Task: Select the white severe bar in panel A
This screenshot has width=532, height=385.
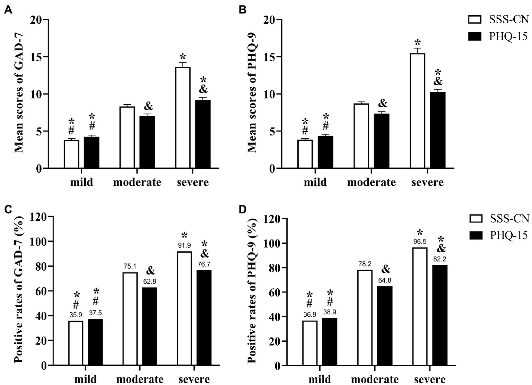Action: (183, 118)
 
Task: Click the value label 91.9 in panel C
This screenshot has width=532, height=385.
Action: (184, 245)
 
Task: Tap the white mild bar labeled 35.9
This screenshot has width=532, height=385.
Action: (76, 343)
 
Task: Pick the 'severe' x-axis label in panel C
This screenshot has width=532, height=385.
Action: (194, 379)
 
